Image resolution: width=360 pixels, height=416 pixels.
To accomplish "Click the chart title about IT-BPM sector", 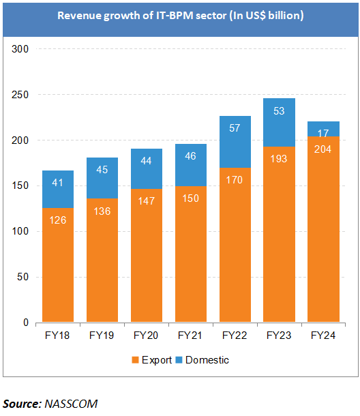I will pos(180,14).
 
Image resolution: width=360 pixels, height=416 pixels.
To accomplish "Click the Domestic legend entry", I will pos(205,359).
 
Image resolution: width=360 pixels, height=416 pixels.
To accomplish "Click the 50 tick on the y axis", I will pos(20,277).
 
